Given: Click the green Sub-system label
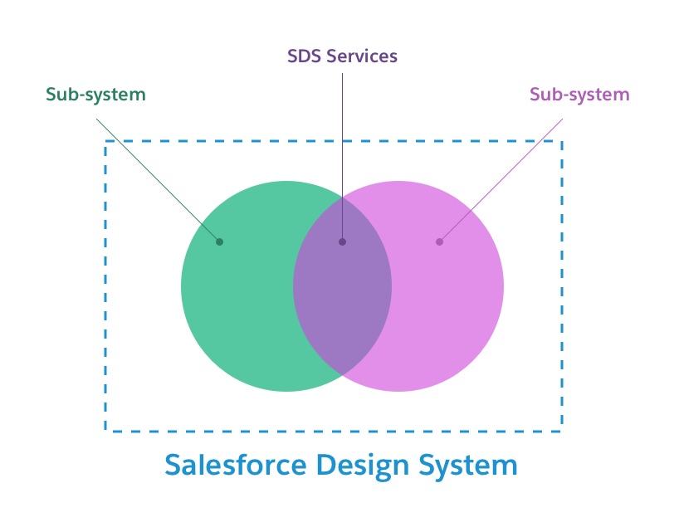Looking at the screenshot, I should point(95,95).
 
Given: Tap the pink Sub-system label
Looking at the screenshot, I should point(579,94).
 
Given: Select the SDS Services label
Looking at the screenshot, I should point(342,56).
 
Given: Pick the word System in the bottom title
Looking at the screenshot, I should point(471,464).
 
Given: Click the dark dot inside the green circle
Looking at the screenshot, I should point(219,241).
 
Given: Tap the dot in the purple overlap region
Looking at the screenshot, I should point(342,241).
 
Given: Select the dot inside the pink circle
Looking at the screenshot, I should point(439,241).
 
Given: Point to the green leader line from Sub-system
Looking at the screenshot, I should point(158,180).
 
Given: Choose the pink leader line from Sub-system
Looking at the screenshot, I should point(501,180).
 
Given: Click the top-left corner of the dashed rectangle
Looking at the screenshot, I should point(105,141).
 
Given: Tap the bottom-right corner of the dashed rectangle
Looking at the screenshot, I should point(562,431).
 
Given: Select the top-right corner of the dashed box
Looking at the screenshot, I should point(562,141).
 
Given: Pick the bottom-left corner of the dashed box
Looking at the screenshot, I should point(105,431).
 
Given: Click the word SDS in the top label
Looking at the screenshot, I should point(304,56).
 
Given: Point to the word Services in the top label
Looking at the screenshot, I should point(361,56).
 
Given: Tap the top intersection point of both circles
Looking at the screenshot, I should point(342,198).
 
